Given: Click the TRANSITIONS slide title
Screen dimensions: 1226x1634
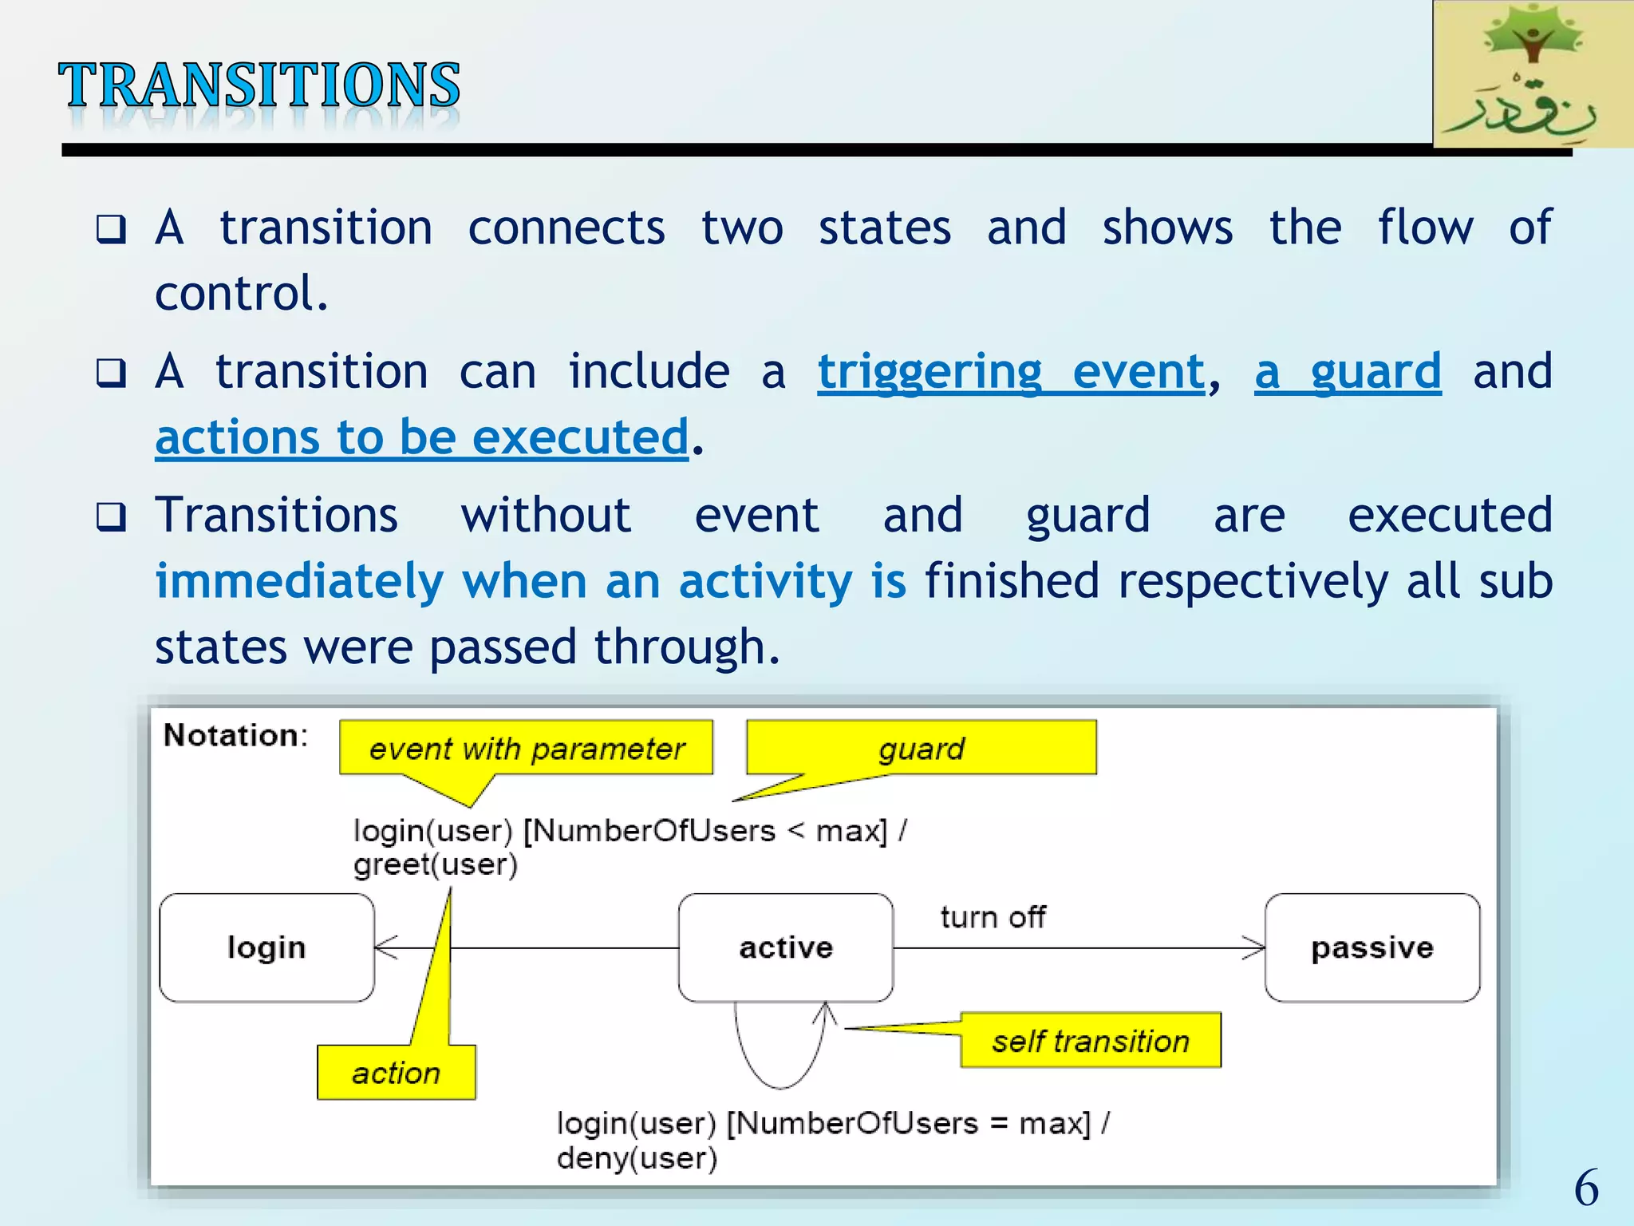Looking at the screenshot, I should (x=259, y=85).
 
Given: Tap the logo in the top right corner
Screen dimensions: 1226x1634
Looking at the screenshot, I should (x=1532, y=74).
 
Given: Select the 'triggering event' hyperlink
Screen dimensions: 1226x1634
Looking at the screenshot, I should (x=1011, y=372).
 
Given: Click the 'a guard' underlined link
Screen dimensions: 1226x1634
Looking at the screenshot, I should (x=1348, y=372).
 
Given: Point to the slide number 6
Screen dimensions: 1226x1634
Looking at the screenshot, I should (x=1586, y=1187).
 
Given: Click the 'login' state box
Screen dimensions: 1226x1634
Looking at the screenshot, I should (x=266, y=947).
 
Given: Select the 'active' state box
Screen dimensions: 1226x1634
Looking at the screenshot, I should (x=786, y=947).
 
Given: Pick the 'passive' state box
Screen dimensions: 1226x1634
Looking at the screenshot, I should (x=1372, y=947).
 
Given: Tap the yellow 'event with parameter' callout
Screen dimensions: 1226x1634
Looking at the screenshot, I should (x=526, y=749).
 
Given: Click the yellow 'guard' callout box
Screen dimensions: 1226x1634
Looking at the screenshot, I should (x=922, y=749).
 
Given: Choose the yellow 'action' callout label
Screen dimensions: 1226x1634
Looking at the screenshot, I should (x=396, y=1073).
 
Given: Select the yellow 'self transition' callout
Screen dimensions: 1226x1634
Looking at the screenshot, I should (x=1090, y=1041).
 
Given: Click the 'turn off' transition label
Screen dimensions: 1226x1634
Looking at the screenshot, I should (x=993, y=917).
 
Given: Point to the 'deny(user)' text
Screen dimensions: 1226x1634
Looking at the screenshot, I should (x=637, y=1158).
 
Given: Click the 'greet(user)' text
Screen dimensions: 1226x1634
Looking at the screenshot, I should (x=436, y=864).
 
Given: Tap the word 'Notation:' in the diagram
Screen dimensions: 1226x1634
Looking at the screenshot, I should (x=235, y=735).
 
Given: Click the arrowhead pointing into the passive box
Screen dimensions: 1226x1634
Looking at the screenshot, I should (x=1255, y=948).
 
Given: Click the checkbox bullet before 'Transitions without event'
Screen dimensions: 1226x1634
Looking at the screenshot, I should (x=111, y=517).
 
